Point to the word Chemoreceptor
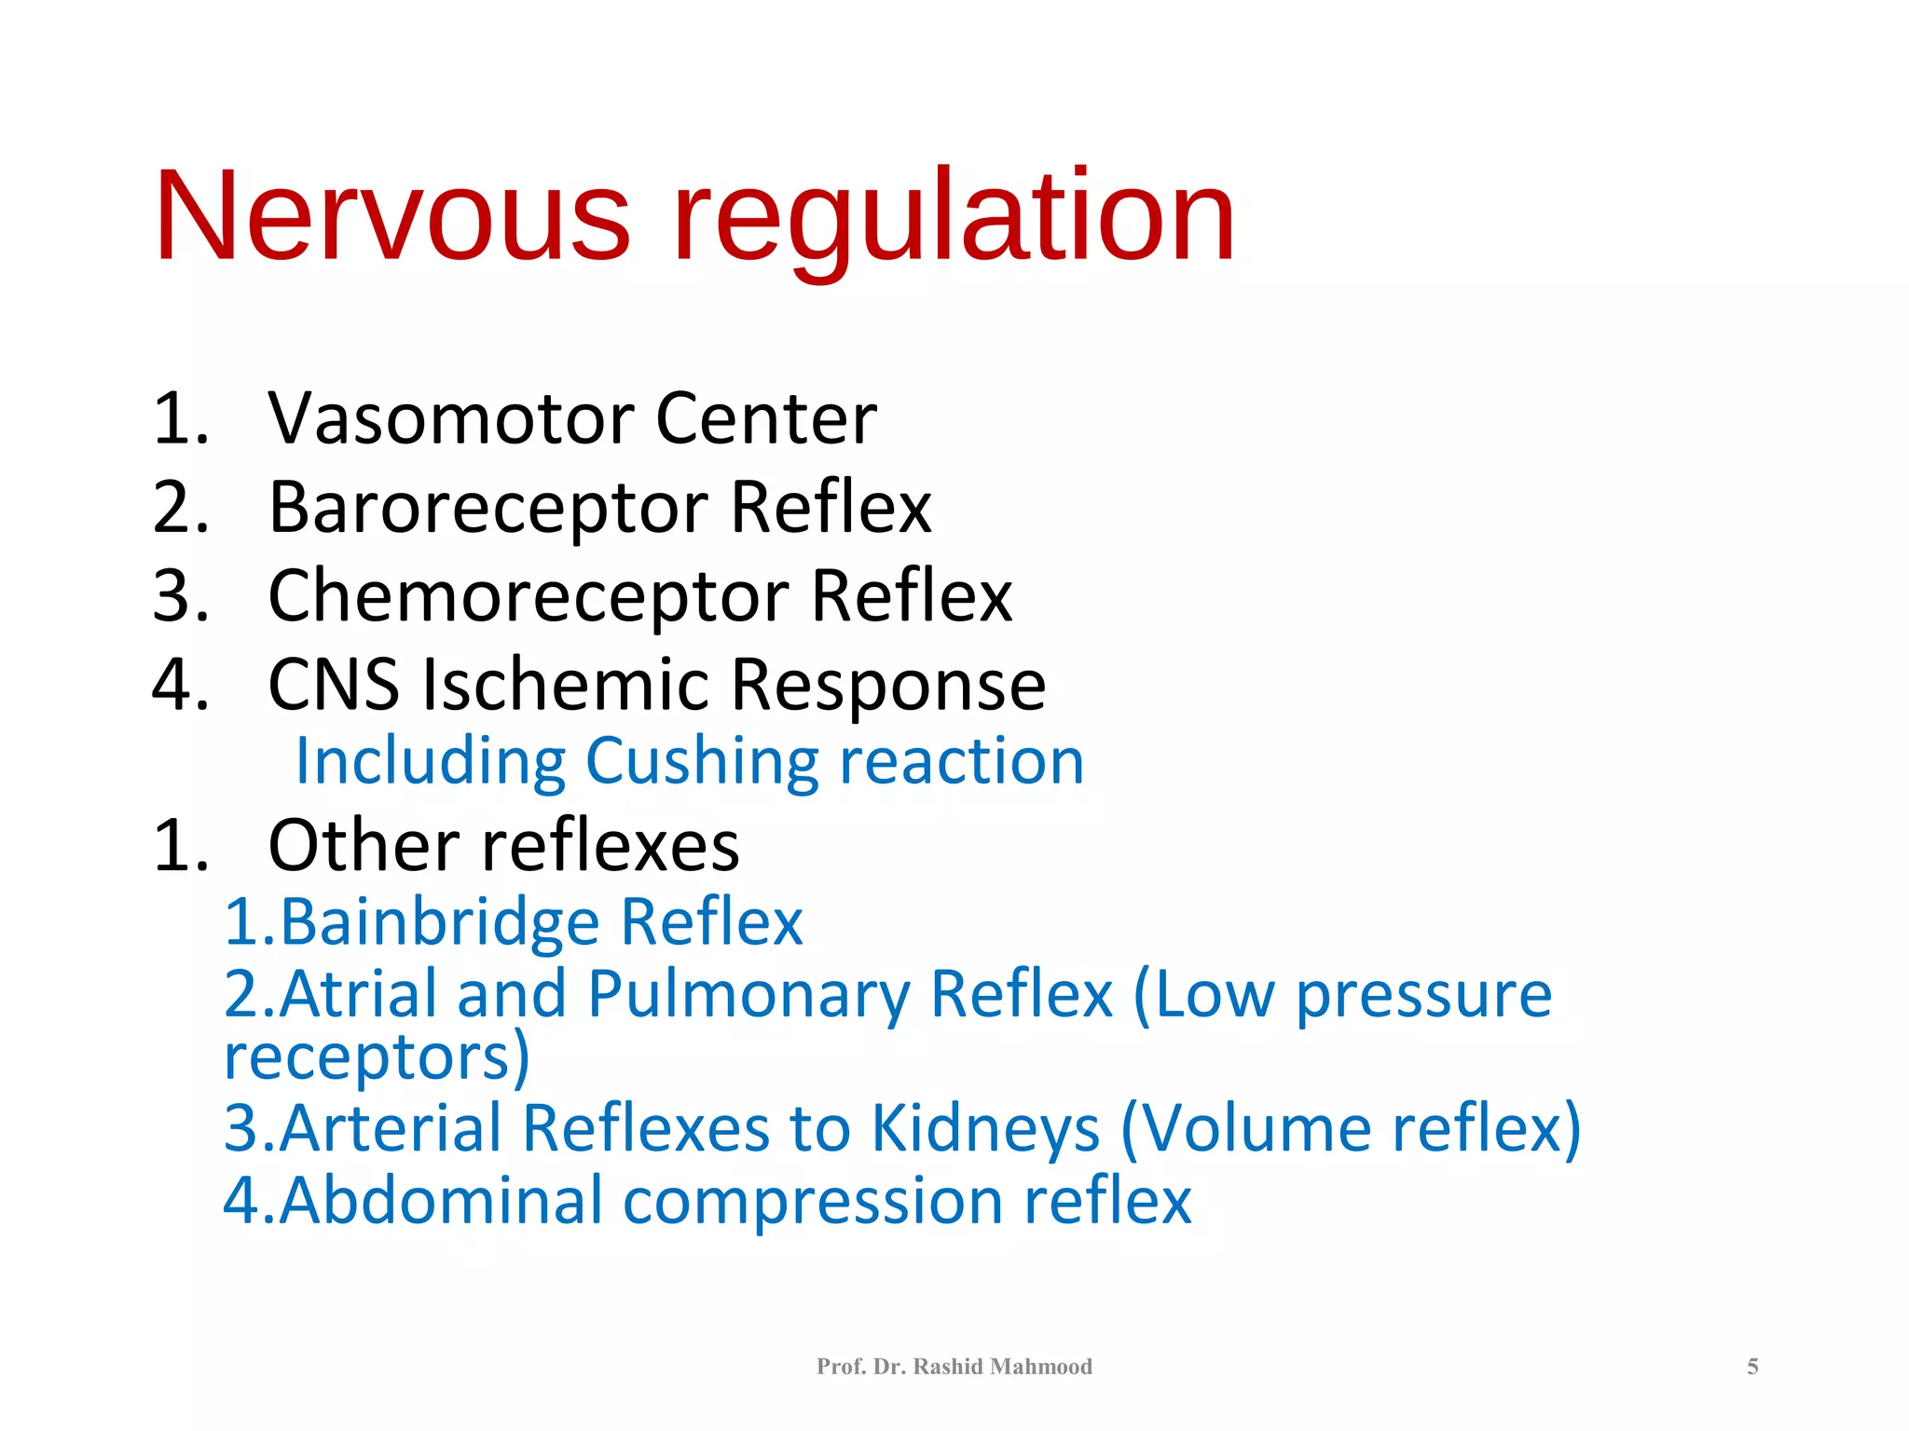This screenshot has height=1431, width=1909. click(529, 596)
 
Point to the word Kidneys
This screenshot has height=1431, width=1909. click(985, 1129)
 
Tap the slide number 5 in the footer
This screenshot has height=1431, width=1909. click(1752, 1367)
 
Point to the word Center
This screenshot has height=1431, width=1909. click(765, 418)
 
